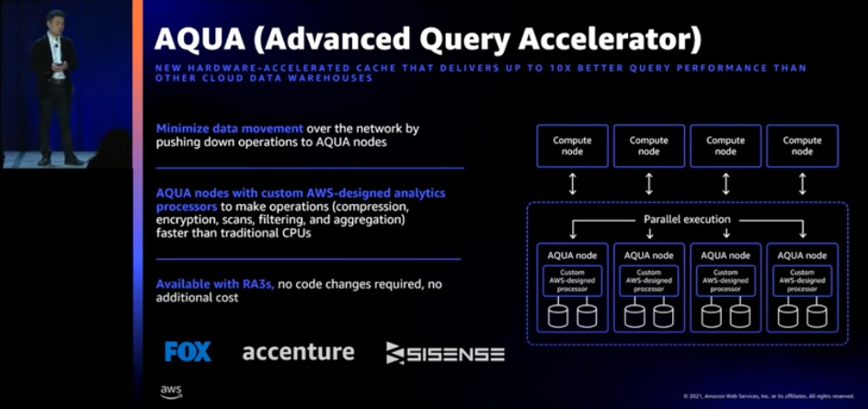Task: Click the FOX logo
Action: click(188, 352)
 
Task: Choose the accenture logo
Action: click(298, 352)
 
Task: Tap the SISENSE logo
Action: click(445, 353)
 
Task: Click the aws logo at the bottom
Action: click(170, 392)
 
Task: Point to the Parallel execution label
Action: click(687, 220)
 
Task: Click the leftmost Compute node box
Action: click(572, 145)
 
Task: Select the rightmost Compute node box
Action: click(802, 145)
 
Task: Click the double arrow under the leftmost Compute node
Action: click(572, 184)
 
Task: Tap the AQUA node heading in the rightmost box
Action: click(802, 255)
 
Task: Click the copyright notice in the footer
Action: click(768, 396)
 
